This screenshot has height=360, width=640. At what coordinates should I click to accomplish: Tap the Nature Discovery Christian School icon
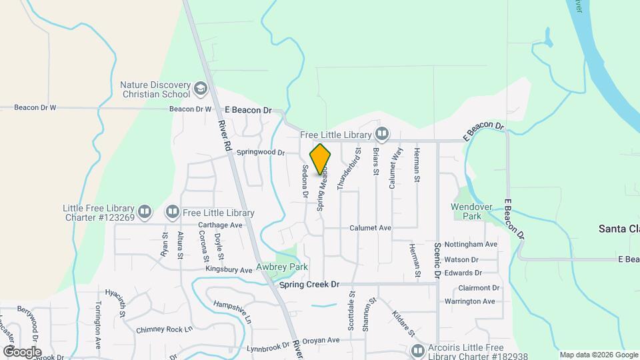tap(201, 89)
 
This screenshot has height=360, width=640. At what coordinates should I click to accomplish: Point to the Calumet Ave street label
tap(371, 228)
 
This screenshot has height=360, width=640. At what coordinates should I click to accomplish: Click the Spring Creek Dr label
tap(309, 285)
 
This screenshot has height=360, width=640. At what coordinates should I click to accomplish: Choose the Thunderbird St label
tap(349, 169)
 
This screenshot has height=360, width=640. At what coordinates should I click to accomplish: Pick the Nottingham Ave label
tap(471, 245)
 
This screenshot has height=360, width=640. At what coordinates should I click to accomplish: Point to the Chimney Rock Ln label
tap(164, 329)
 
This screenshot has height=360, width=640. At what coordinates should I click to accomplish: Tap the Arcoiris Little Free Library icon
tap(418, 350)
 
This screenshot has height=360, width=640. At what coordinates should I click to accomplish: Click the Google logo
tap(22, 351)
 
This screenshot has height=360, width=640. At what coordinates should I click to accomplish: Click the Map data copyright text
tap(598, 355)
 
